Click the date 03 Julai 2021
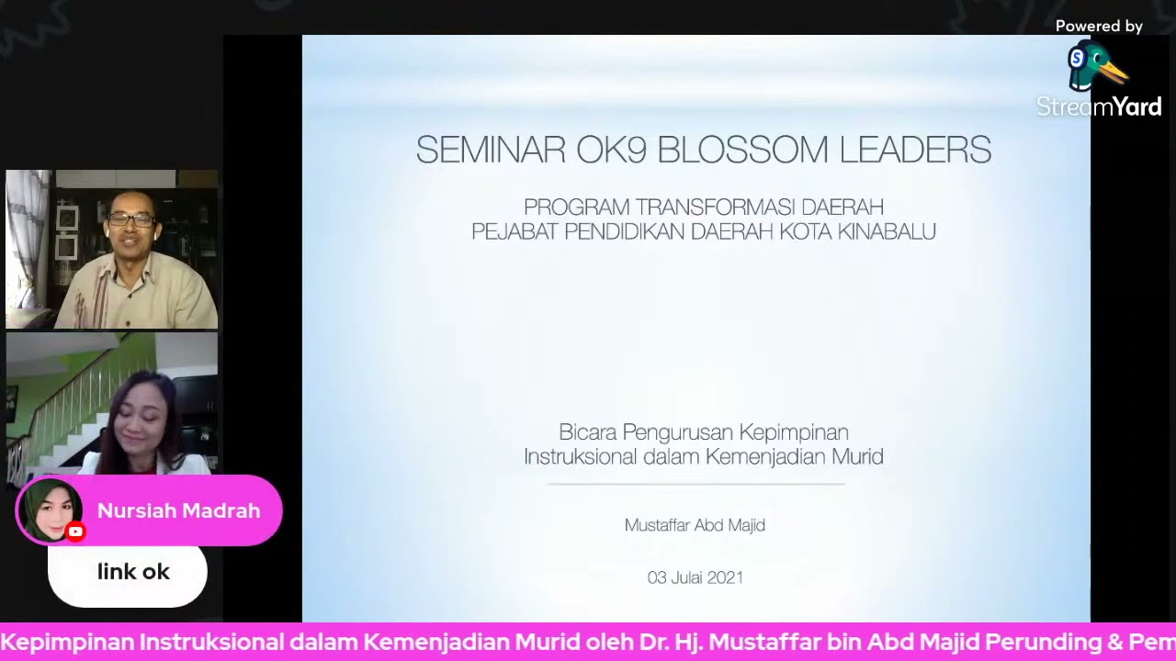(x=695, y=577)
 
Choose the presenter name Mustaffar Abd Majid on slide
(x=695, y=525)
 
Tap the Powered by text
(x=1099, y=27)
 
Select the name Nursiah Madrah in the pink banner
(x=178, y=511)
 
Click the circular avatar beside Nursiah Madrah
(x=51, y=510)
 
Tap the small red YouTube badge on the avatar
(x=75, y=532)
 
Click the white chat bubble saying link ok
(x=128, y=573)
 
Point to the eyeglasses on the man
(x=131, y=220)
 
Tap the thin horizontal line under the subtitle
(x=695, y=484)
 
